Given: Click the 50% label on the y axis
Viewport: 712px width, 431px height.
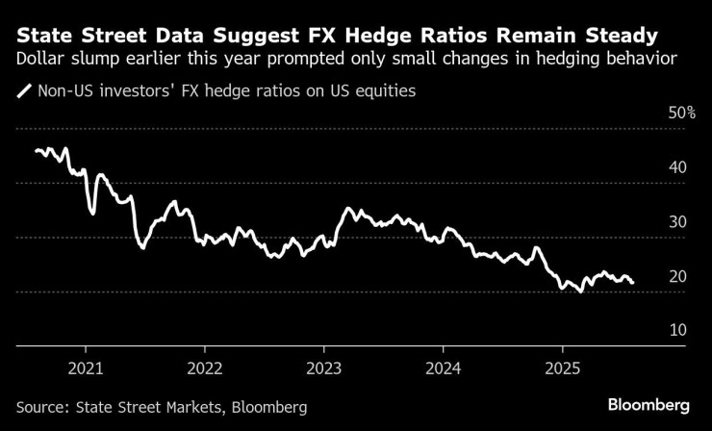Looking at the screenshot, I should (x=681, y=113).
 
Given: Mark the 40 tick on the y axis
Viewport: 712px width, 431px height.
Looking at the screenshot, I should (x=677, y=167).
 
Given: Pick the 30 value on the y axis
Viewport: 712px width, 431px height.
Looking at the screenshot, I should (x=677, y=221).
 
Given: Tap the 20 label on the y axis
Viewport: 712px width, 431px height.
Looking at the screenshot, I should (x=677, y=276).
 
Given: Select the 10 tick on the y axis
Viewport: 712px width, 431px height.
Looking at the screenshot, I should (x=677, y=330).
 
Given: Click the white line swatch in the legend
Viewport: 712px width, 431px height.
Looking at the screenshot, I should (x=23, y=92).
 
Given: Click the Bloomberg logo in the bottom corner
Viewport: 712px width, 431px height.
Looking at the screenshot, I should (x=649, y=403).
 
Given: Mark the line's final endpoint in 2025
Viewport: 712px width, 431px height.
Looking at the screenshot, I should (x=632, y=283).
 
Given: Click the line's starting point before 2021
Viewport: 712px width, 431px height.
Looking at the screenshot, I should (x=36, y=150).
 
